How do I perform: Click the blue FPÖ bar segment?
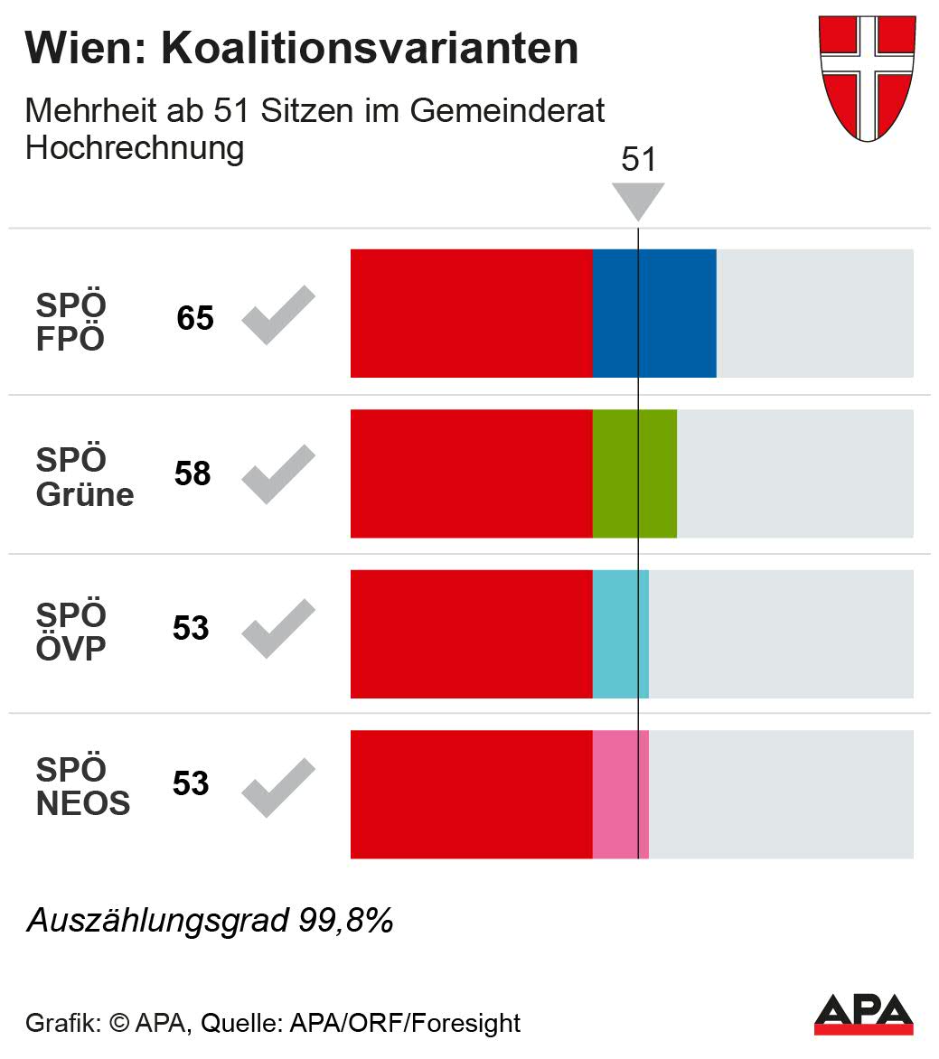coord(654,313)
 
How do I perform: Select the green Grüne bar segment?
coord(634,473)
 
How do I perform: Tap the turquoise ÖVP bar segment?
coord(620,633)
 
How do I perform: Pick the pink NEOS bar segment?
coord(620,793)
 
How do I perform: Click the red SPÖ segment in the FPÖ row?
coord(471,313)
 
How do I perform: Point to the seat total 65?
coord(195,319)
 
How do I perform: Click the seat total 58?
coord(193,473)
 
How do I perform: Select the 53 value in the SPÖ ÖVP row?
coord(191,628)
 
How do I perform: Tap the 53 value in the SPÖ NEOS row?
coord(191,783)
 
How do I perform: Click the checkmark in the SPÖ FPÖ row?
coord(277,315)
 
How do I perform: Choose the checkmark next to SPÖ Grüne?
coord(277,474)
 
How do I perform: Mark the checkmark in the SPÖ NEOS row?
coord(277,788)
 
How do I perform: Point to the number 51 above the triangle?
coord(638,160)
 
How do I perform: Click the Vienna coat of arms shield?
coord(867,77)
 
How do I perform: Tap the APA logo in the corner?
coord(863,1014)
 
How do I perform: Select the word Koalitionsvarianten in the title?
coord(370,49)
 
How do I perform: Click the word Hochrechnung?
coord(135,147)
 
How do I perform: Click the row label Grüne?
coord(85,494)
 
